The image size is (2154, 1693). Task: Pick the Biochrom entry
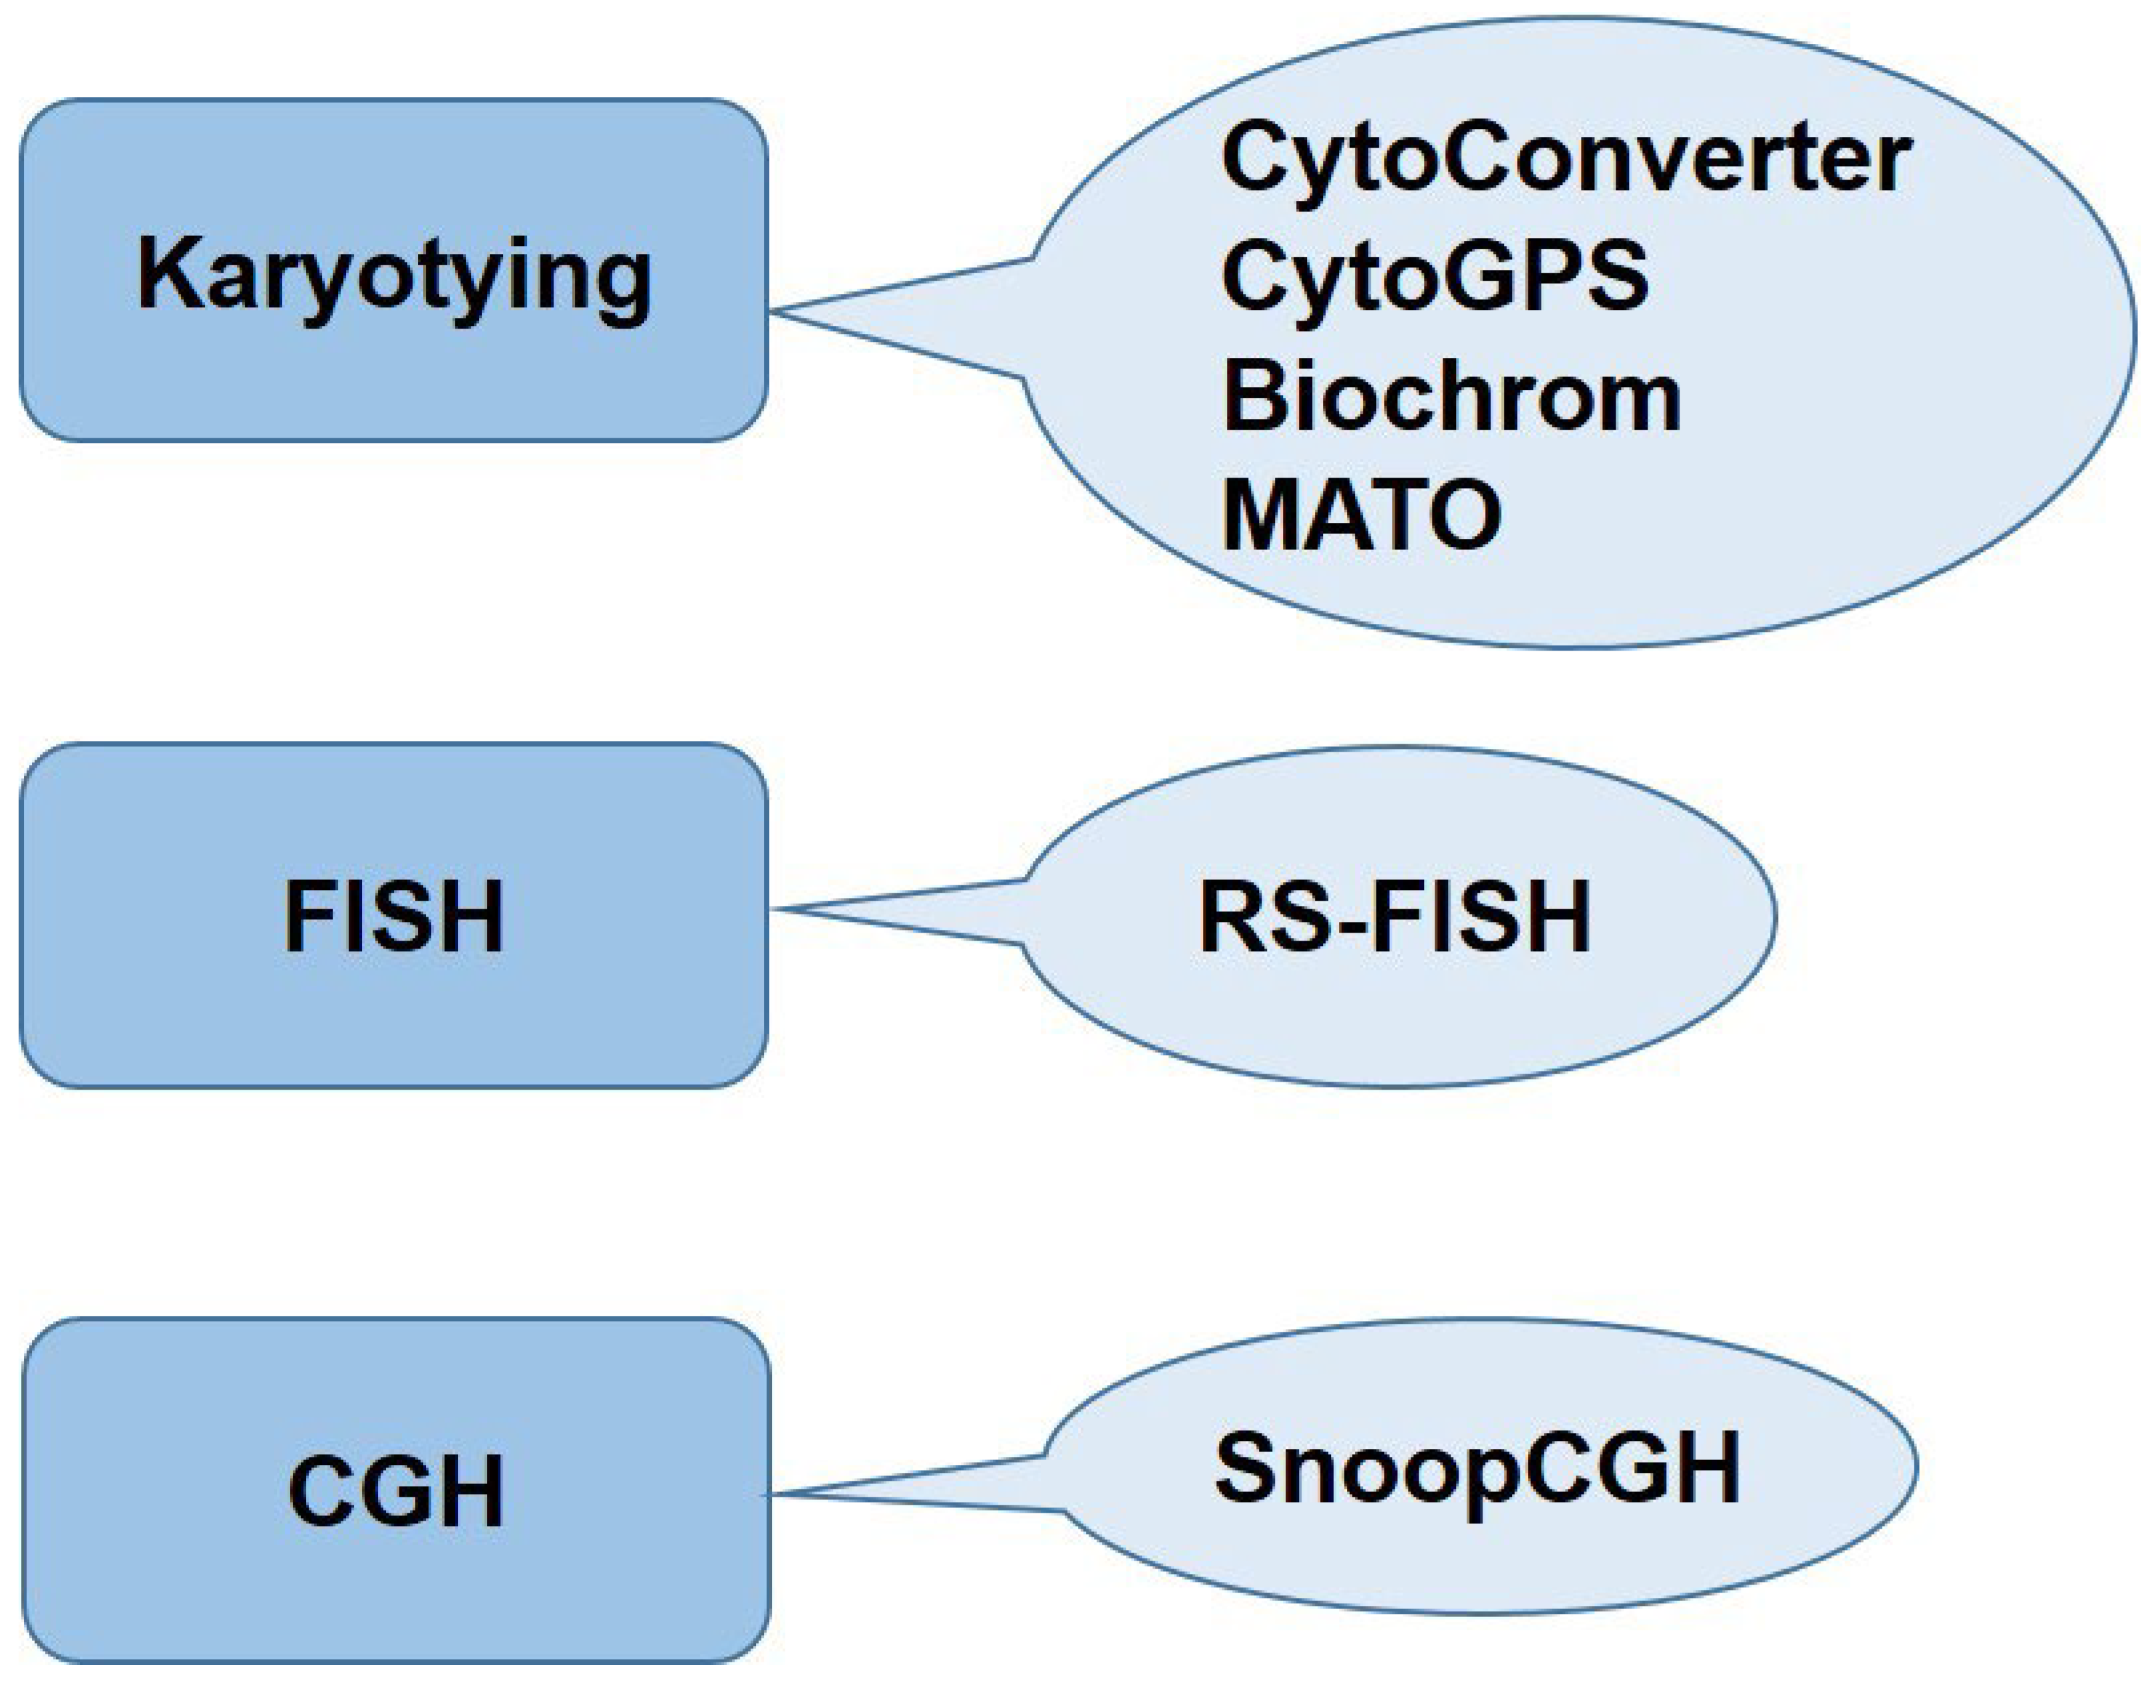coord(1451,396)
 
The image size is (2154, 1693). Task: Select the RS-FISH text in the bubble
coord(1395,917)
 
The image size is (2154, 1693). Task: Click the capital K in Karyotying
coord(164,273)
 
